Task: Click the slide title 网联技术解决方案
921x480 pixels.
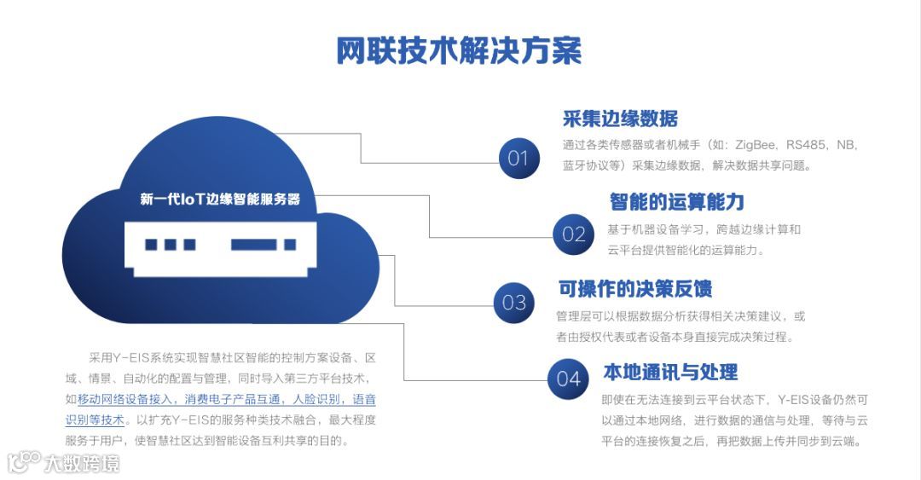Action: pos(459,51)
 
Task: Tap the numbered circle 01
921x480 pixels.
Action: pos(518,158)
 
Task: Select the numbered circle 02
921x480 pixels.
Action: pos(573,234)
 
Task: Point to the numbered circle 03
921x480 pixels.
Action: pos(514,302)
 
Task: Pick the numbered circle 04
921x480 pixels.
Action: pos(568,379)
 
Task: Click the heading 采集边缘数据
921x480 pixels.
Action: pos(620,119)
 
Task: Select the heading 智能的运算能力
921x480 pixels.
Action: pos(676,202)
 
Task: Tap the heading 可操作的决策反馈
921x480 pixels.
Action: pos(634,289)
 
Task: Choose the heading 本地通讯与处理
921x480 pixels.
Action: pos(670,372)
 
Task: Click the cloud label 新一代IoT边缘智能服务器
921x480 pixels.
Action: pos(220,200)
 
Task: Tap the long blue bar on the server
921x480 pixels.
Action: pos(252,245)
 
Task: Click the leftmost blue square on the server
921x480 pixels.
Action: pos(151,245)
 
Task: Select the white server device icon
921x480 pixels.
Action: pos(220,245)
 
